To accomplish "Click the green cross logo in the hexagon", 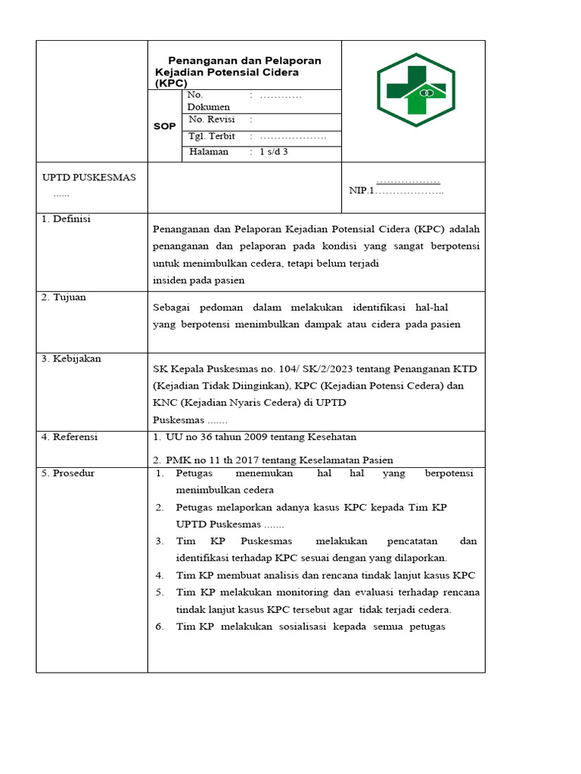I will (x=415, y=90).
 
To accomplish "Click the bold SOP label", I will (x=164, y=127).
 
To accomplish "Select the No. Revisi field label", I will (x=211, y=119).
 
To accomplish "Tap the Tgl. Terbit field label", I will (x=212, y=136).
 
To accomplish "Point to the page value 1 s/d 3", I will (x=273, y=152).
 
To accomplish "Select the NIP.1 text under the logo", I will (x=362, y=190).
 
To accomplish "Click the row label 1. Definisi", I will (x=66, y=218).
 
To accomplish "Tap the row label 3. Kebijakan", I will (x=71, y=358).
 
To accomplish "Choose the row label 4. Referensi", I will (x=70, y=437).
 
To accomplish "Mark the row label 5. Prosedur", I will (x=68, y=473).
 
